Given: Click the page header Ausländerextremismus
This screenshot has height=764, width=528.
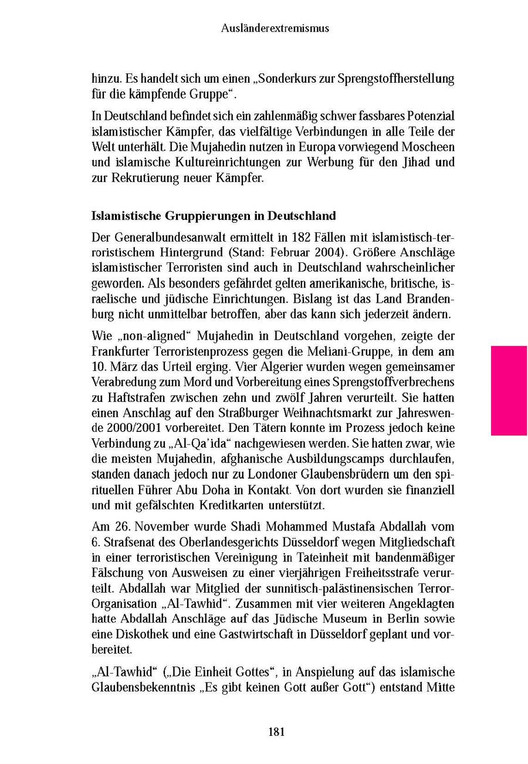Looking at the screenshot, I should (275, 28).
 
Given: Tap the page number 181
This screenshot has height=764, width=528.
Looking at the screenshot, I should (276, 731).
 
